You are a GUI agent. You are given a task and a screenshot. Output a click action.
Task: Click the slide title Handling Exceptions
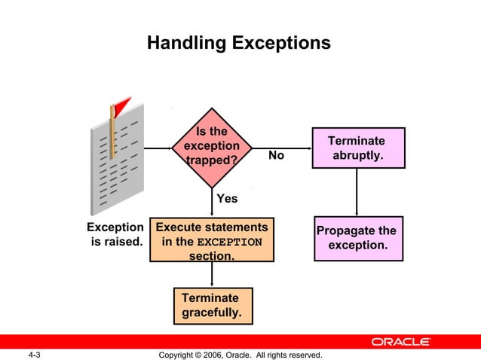(x=239, y=43)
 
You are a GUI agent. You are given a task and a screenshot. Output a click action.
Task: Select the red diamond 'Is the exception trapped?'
(x=212, y=147)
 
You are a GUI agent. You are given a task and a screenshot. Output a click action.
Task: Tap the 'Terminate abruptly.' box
(x=358, y=148)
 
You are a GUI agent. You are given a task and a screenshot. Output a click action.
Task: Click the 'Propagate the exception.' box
(x=357, y=238)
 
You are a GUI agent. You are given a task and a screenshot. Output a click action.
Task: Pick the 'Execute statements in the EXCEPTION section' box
(x=212, y=240)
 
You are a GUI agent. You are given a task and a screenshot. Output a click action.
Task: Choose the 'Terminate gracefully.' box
(x=212, y=305)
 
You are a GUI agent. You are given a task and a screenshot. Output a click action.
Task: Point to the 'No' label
(x=276, y=155)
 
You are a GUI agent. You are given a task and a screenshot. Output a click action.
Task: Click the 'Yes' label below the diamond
(x=227, y=199)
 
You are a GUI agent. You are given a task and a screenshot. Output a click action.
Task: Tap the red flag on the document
(x=121, y=105)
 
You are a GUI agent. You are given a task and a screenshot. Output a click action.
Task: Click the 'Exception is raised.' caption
(x=115, y=234)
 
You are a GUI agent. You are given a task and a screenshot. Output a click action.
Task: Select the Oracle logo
(x=400, y=341)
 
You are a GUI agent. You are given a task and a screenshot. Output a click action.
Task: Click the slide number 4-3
(x=34, y=354)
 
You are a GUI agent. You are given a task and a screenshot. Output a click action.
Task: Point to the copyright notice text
(x=240, y=354)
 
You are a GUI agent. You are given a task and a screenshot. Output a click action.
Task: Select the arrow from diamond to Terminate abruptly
(x=283, y=148)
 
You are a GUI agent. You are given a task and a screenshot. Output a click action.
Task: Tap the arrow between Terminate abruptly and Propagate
(x=357, y=192)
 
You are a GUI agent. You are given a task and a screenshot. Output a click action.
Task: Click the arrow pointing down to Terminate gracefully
(x=212, y=274)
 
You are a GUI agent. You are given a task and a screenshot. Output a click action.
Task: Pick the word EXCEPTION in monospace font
(x=229, y=243)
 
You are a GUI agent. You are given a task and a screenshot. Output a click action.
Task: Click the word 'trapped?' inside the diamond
(x=212, y=160)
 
